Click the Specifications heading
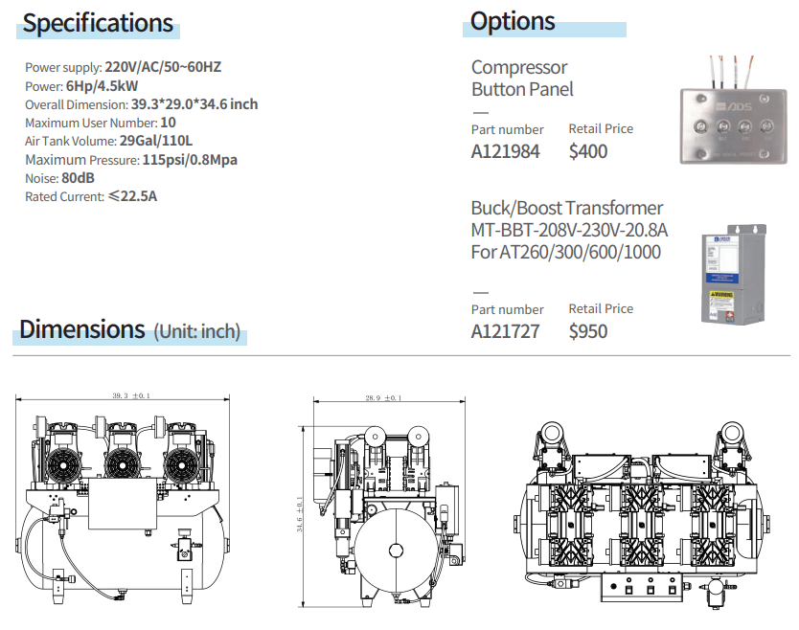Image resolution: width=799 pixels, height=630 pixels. [x=98, y=23]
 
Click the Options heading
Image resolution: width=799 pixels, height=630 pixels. [x=513, y=20]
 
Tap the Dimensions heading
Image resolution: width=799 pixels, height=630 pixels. [x=82, y=329]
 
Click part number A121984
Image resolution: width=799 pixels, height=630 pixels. [x=505, y=151]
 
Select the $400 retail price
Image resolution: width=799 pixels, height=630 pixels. [x=587, y=151]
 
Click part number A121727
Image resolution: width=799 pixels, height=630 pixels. [x=505, y=331]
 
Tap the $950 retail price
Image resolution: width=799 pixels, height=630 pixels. [x=587, y=331]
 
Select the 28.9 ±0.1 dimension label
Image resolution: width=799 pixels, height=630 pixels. [x=383, y=397]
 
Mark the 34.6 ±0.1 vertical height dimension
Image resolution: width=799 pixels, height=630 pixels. [x=301, y=514]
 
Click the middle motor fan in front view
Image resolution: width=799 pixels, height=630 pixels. [x=124, y=463]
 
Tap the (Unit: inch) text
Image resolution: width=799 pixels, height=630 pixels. [x=196, y=331]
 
